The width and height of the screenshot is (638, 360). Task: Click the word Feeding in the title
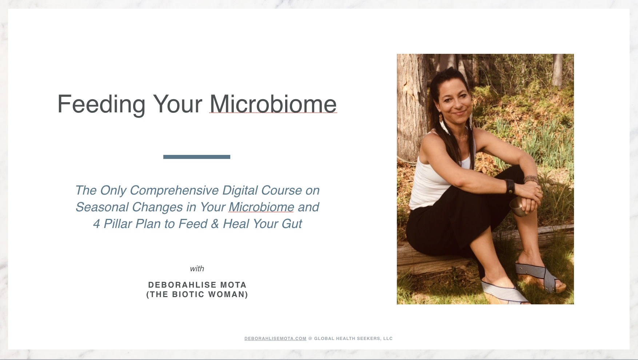tap(101, 105)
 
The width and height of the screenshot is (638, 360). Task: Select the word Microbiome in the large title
tap(273, 104)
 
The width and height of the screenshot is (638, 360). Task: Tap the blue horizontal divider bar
tap(197, 157)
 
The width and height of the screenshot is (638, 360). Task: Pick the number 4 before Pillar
tap(96, 224)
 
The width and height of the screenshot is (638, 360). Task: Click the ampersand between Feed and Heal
tap(215, 224)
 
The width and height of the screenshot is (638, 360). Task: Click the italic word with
tap(197, 269)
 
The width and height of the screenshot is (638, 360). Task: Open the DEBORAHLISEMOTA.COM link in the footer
tap(275, 339)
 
